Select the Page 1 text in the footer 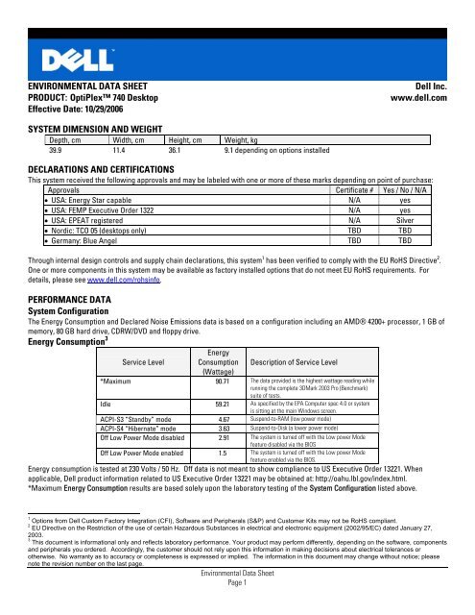pyautogui.click(x=237, y=606)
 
